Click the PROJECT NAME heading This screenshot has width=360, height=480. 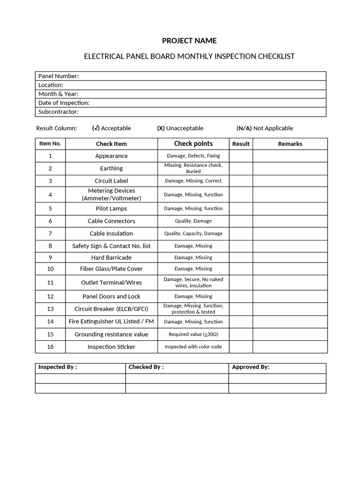189,41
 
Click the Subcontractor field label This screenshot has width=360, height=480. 59,112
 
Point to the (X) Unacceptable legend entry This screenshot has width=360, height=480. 180,128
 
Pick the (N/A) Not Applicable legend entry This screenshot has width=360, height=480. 265,128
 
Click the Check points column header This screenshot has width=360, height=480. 193,143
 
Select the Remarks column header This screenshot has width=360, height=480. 290,144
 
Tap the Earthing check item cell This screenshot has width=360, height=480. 112,168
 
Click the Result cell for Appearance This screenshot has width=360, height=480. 241,156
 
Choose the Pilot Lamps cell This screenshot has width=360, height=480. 112,209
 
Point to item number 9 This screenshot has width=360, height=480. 50,257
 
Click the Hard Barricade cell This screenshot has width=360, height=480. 112,257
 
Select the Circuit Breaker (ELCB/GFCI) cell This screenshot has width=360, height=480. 112,309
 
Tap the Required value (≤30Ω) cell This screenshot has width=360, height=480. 193,334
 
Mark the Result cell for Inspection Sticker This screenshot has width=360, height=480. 241,347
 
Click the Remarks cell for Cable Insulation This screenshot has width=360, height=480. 290,233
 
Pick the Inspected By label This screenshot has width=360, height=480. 58,367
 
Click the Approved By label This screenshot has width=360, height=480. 251,367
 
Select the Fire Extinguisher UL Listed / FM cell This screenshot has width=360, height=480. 112,322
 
